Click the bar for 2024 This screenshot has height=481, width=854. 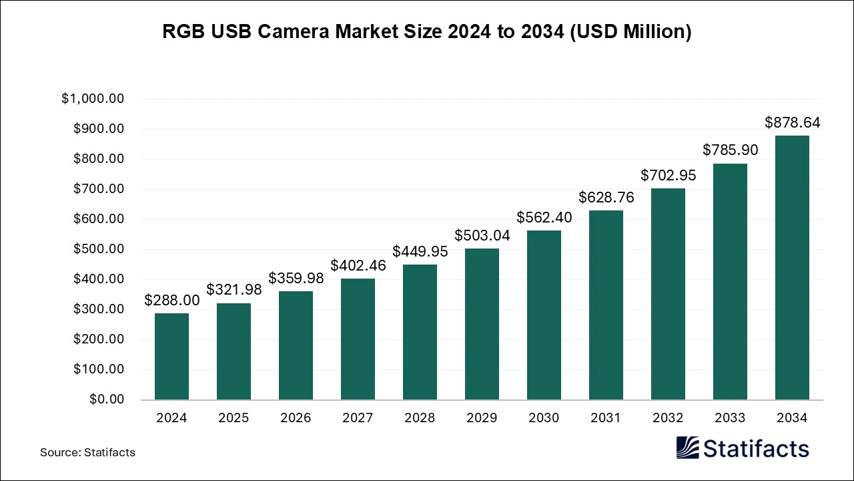tap(171, 356)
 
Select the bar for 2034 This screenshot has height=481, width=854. tap(792, 267)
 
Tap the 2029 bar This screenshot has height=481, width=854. tap(482, 324)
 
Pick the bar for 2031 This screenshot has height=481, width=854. tap(606, 305)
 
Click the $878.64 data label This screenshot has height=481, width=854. tap(792, 123)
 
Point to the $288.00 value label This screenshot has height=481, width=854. tap(171, 301)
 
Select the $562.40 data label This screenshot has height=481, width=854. tap(544, 218)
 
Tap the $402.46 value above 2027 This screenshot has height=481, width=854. tap(358, 266)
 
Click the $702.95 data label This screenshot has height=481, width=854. tap(668, 176)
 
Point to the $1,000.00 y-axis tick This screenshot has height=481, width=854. tap(93, 99)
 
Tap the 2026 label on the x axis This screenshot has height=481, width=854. tap(296, 418)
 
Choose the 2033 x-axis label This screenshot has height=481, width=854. tap(730, 418)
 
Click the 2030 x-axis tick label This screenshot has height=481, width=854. tap(544, 418)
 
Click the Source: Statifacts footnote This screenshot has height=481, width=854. tap(87, 452)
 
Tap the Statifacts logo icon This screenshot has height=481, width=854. tap(688, 448)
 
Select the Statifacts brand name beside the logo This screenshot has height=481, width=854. tap(756, 448)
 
